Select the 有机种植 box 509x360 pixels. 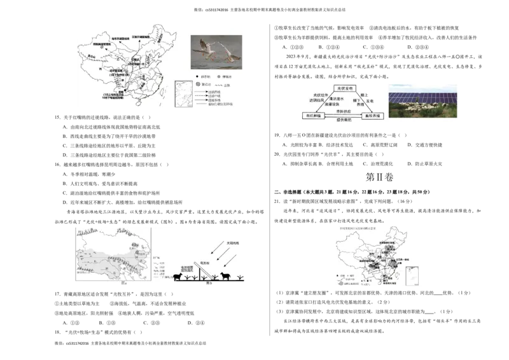pos(316,116)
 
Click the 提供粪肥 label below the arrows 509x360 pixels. pos(344,121)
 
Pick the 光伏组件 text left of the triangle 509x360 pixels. pos(319,95)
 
